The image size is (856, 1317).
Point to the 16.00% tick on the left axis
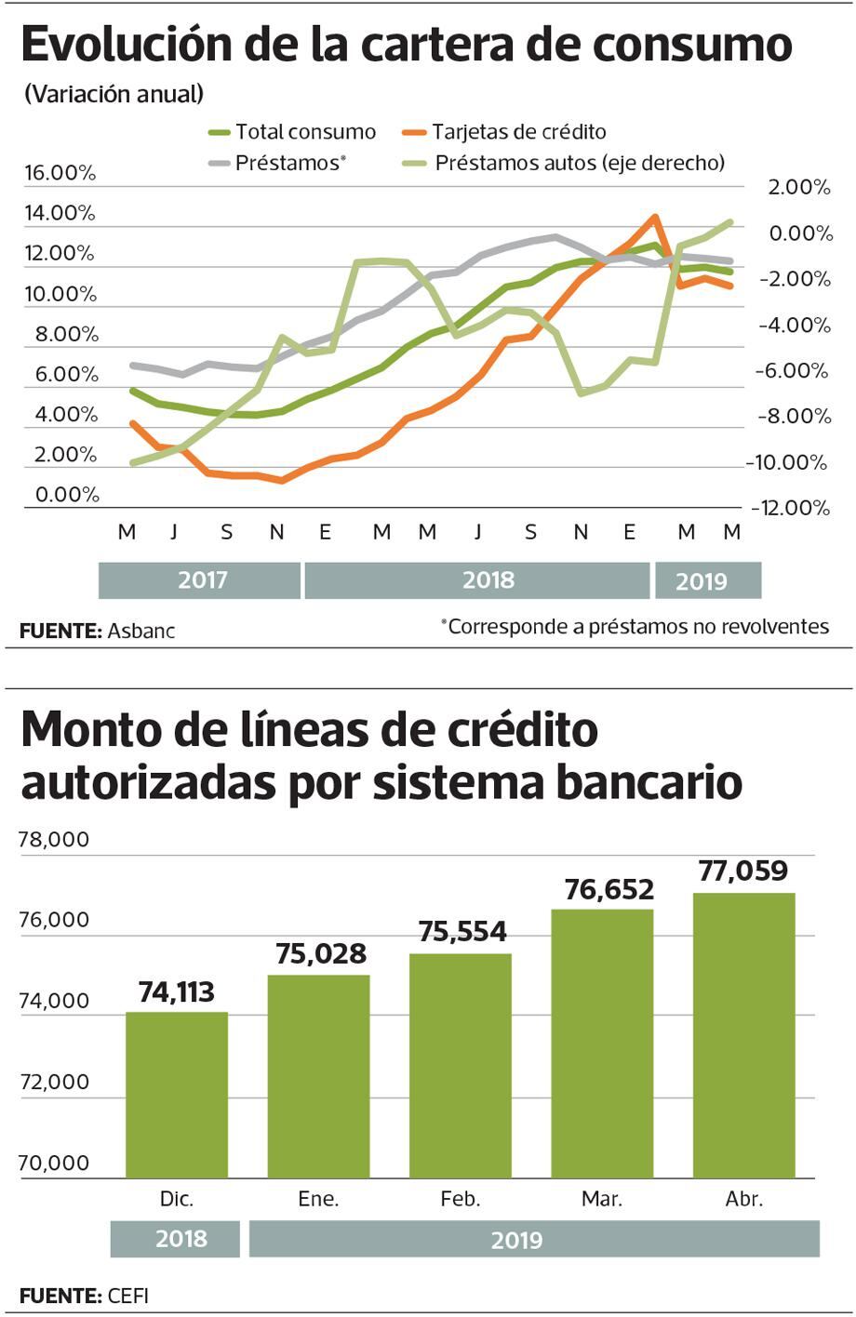[60, 173]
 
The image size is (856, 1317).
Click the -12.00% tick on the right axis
[791, 508]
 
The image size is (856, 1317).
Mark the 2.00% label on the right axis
[798, 187]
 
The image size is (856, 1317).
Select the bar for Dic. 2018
[177, 1095]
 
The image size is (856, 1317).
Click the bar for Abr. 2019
[743, 1035]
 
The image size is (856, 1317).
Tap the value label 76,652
[609, 890]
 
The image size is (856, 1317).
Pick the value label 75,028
[321, 953]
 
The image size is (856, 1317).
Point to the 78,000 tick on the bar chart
[54, 840]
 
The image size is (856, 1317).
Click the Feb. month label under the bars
[461, 1199]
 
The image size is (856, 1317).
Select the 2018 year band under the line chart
[488, 580]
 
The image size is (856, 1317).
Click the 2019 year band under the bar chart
[516, 1240]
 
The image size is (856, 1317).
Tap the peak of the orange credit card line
[655, 217]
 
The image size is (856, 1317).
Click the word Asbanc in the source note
[140, 631]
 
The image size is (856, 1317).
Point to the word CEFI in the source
[127, 1296]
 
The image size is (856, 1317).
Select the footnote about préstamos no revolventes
[635, 627]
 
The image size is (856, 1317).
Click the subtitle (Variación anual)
[114, 94]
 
